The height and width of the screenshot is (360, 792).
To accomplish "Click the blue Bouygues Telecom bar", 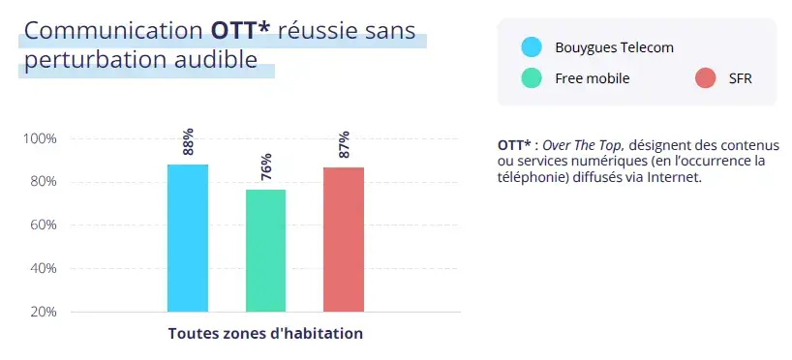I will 187,238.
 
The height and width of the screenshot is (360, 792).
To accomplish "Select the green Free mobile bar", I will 265,251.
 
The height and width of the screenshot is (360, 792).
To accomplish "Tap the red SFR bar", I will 344,239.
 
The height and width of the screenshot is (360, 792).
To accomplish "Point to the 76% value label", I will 265,167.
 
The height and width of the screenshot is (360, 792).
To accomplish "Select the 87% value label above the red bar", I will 344,144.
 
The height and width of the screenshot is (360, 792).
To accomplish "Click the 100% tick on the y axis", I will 40,138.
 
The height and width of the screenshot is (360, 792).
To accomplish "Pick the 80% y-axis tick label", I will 43,182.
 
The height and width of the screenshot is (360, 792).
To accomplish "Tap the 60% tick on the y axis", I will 43,225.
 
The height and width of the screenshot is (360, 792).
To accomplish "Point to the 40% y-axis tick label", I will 43,269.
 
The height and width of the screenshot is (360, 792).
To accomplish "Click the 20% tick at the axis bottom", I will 43,313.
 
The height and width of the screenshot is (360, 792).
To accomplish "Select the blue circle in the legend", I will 532,47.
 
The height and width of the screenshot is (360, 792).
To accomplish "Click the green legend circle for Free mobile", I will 532,78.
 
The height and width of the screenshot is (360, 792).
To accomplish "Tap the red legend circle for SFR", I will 706,78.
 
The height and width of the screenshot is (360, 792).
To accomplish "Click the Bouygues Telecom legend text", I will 614,47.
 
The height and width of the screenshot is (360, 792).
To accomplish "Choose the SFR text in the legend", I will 740,78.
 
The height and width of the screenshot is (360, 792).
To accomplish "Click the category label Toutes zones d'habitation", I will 265,334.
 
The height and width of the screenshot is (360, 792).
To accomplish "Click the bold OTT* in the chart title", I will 240,30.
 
